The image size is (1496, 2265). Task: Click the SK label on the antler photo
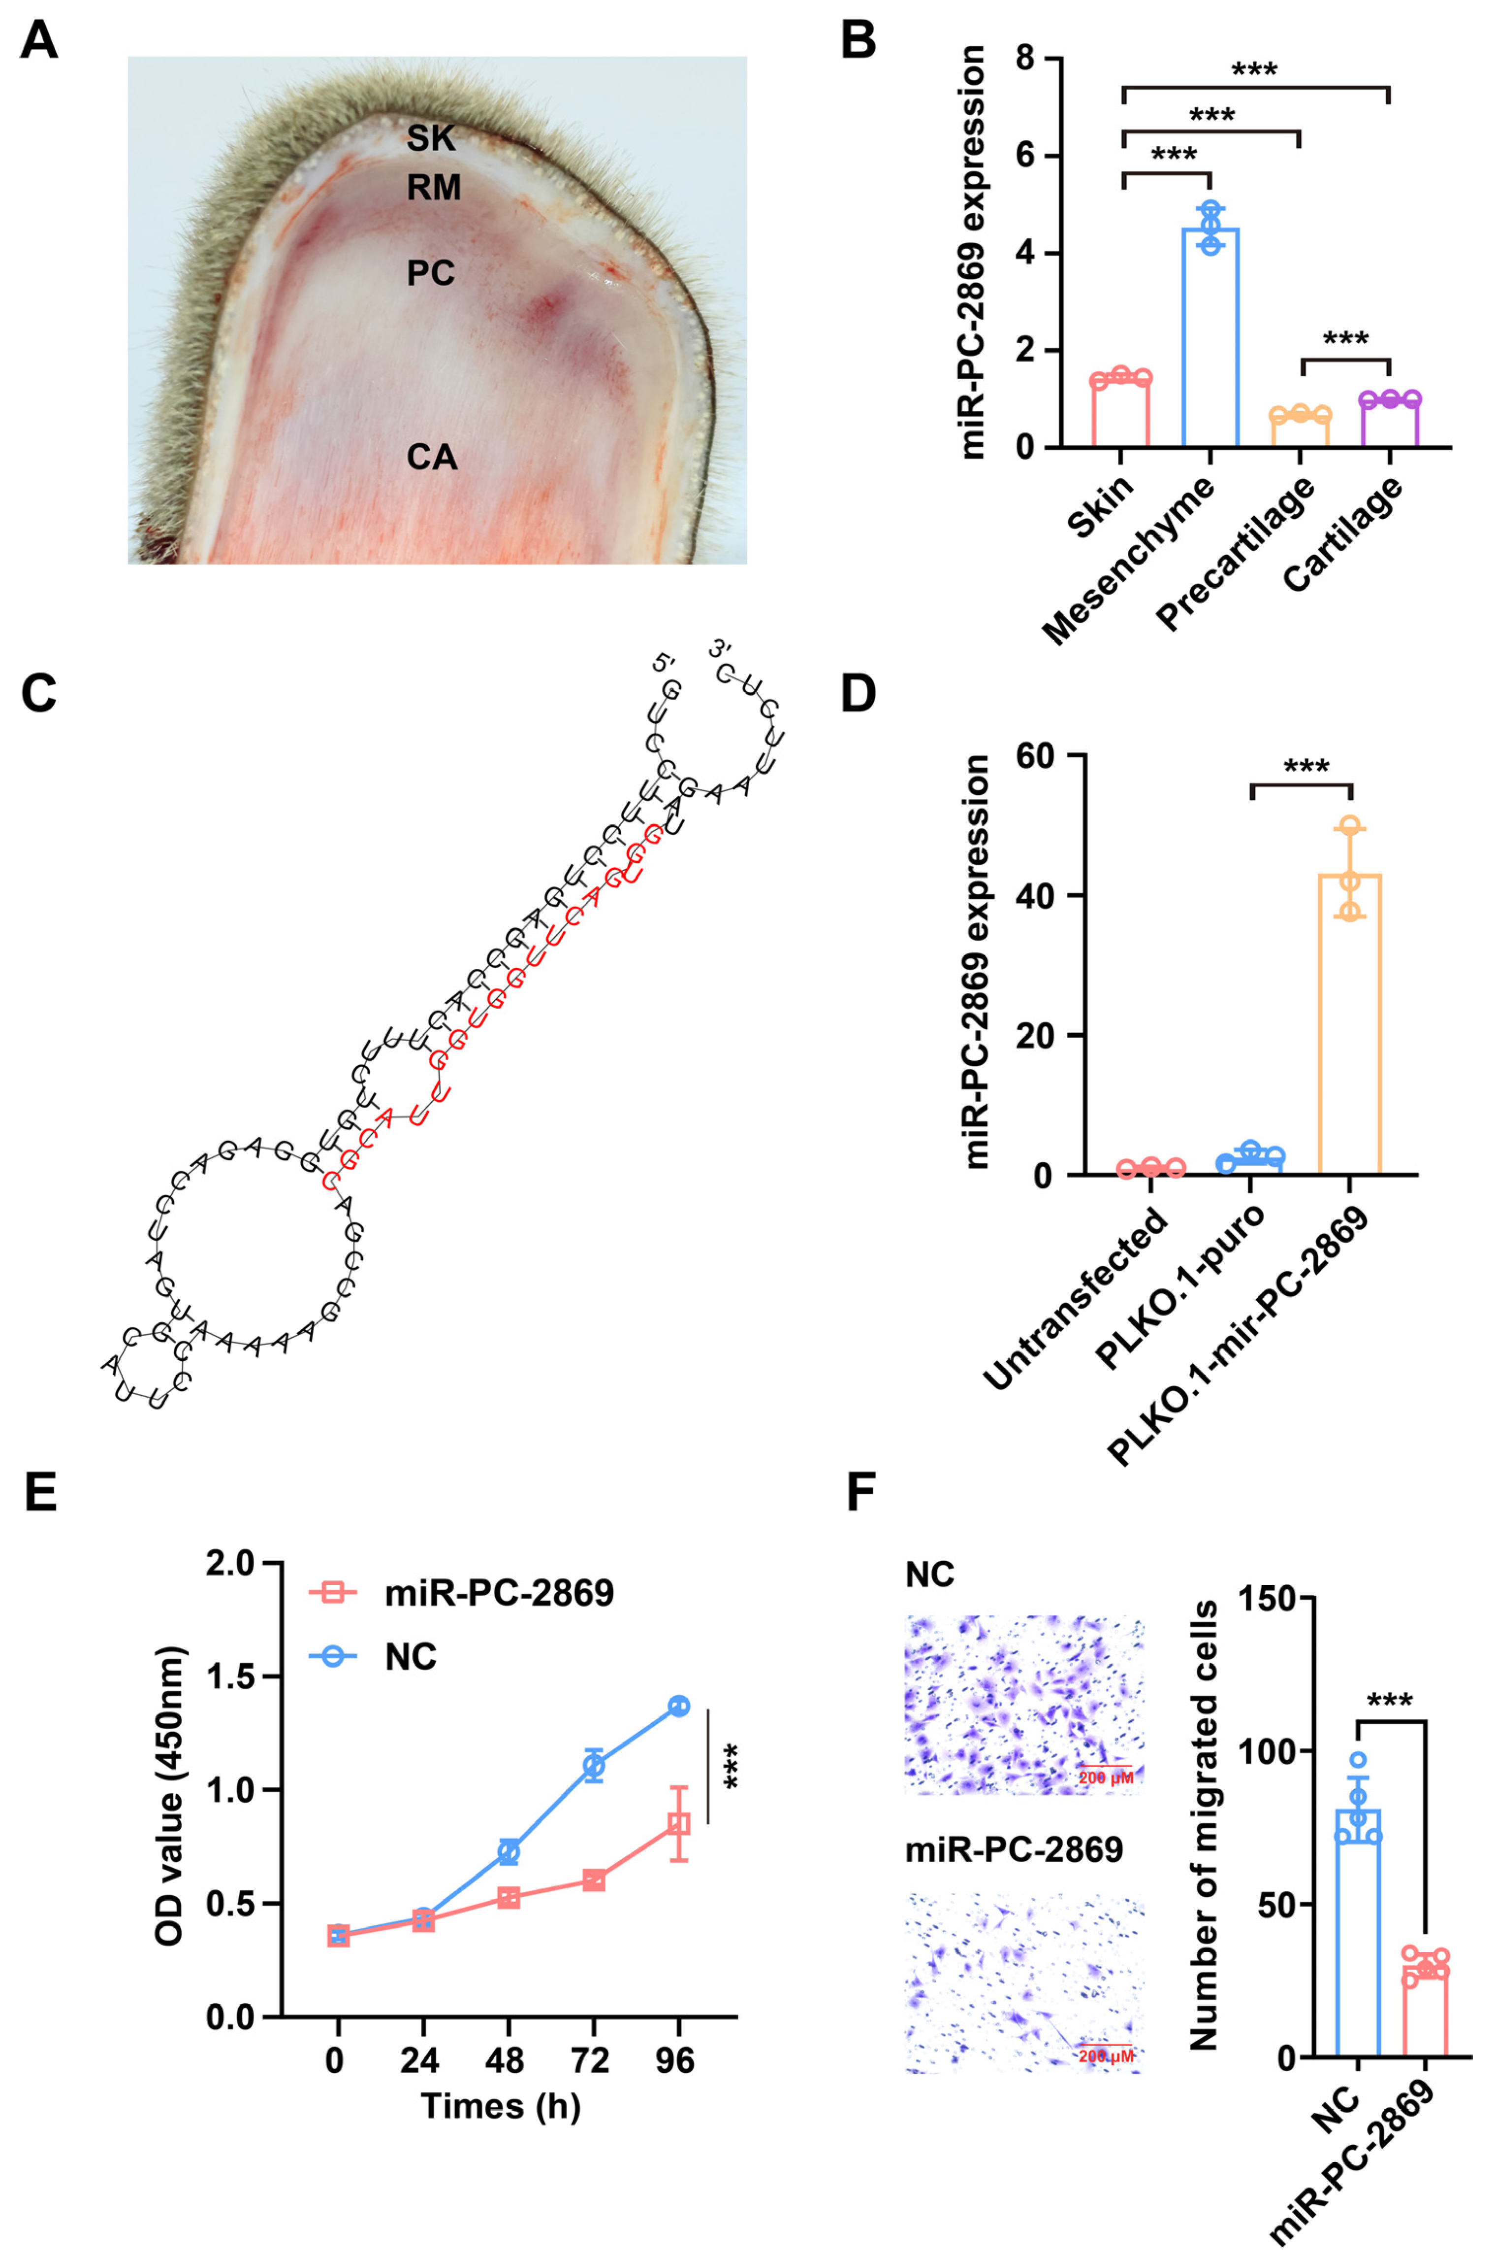[431, 139]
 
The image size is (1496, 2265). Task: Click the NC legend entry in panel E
[410, 1656]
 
